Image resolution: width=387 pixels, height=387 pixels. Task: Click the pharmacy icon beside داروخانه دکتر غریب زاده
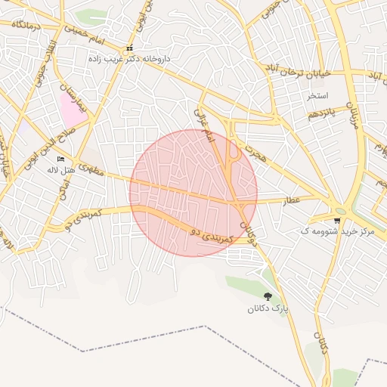click(x=129, y=49)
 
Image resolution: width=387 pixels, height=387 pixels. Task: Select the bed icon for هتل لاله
click(x=61, y=159)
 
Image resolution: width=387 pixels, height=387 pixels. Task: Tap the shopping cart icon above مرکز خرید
click(x=336, y=220)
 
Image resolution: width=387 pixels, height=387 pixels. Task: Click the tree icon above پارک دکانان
click(x=268, y=296)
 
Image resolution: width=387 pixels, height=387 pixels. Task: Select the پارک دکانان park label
click(x=268, y=308)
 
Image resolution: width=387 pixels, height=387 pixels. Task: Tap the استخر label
click(x=317, y=96)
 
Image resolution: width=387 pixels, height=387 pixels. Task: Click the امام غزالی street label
click(x=205, y=125)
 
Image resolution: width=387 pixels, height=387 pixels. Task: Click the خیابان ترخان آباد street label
click(x=291, y=71)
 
